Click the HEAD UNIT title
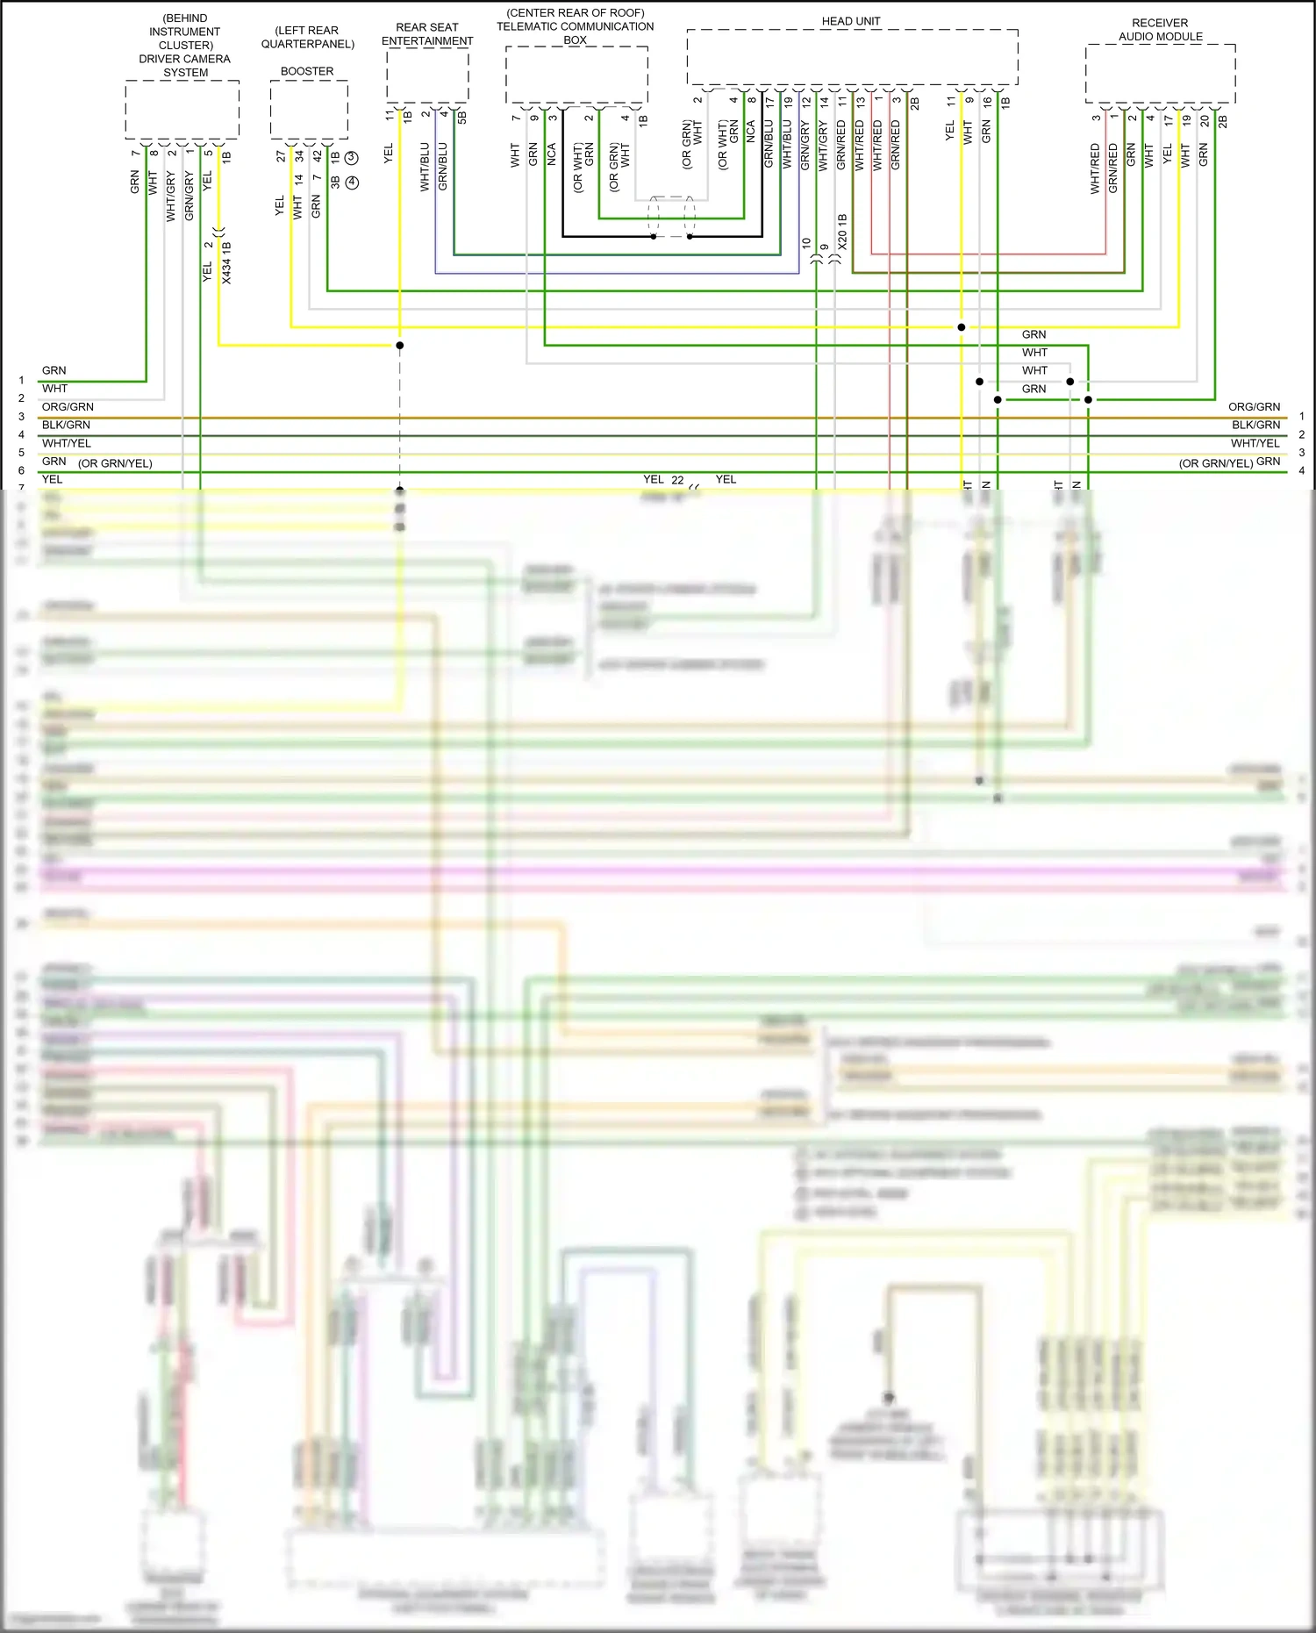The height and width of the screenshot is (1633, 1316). (x=850, y=21)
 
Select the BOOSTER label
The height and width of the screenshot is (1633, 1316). (x=307, y=71)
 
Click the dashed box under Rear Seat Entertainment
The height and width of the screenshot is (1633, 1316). (x=427, y=75)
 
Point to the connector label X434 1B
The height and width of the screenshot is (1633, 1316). (x=227, y=263)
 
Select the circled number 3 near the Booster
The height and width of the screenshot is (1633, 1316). (x=352, y=157)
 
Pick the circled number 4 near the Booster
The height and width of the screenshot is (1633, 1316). (x=352, y=183)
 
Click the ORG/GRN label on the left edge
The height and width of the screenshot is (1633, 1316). (x=68, y=407)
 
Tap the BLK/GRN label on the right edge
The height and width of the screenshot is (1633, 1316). (x=1255, y=425)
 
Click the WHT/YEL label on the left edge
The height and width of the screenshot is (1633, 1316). (x=67, y=443)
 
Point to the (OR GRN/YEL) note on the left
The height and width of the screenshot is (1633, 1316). (x=115, y=463)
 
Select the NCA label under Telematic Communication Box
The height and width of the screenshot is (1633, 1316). (x=552, y=155)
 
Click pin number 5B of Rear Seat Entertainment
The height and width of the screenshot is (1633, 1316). (x=462, y=117)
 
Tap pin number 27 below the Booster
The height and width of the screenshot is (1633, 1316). (x=281, y=156)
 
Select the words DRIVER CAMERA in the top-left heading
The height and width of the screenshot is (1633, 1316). (x=184, y=59)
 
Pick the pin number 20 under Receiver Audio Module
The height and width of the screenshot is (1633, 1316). (x=1204, y=120)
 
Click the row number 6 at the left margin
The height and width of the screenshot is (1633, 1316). (x=21, y=470)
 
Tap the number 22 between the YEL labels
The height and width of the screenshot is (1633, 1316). (x=677, y=480)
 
